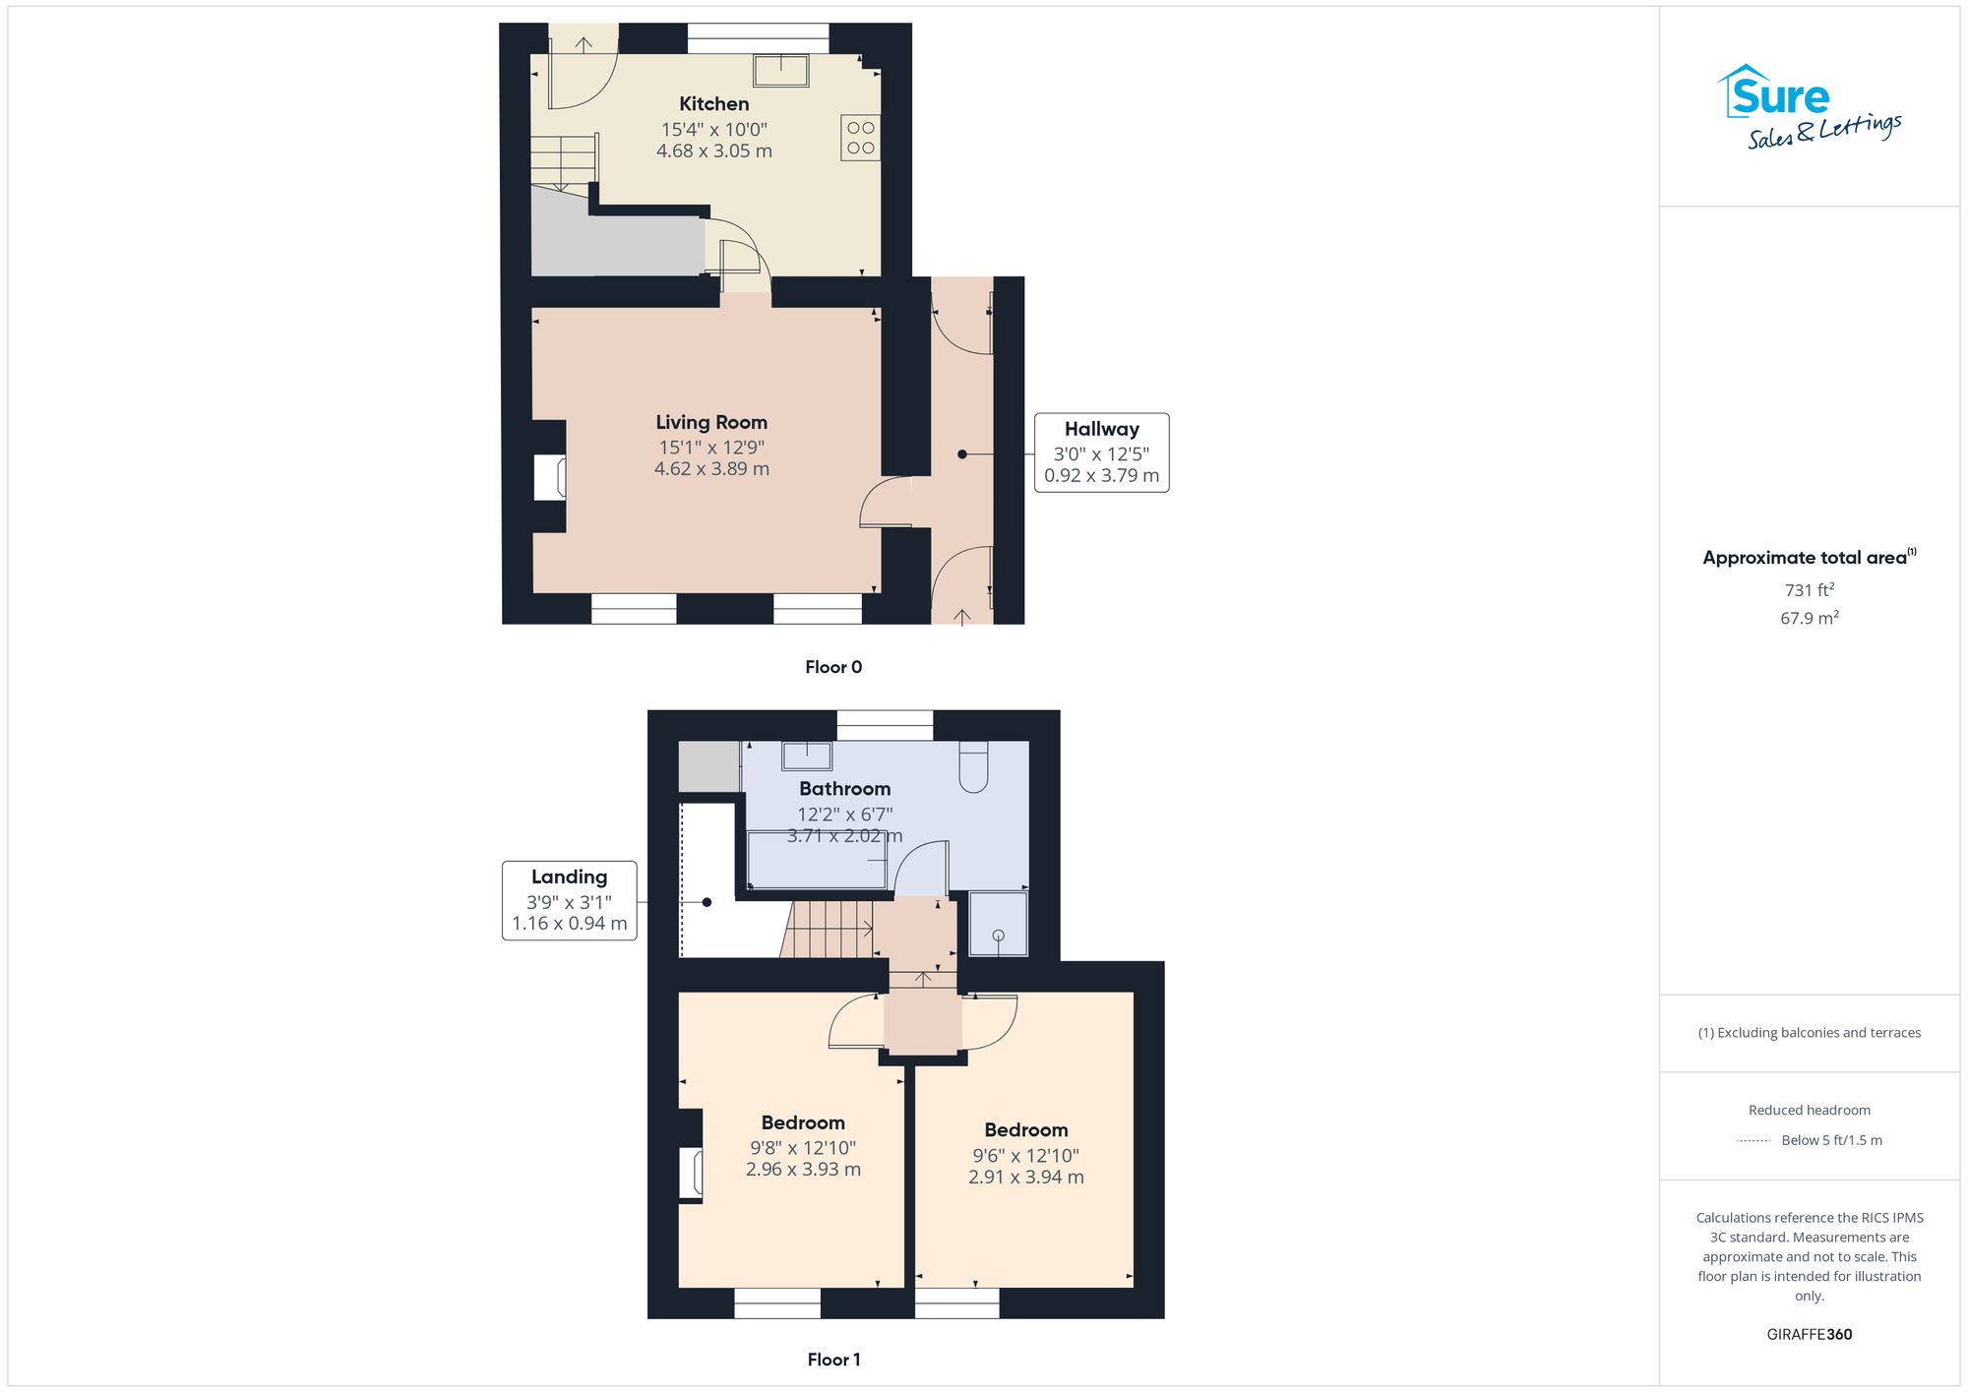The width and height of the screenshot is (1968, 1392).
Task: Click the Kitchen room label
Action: (713, 104)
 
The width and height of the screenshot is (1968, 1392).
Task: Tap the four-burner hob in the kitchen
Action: (860, 138)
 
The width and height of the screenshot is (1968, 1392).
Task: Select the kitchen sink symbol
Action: (780, 70)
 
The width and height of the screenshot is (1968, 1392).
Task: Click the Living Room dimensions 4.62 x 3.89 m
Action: (711, 469)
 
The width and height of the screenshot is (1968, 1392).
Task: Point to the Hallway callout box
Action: (1101, 453)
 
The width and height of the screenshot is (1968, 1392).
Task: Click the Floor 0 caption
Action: (833, 667)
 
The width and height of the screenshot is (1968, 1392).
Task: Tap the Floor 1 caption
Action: (833, 1360)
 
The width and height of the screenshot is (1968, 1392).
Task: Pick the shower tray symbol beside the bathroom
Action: (998, 924)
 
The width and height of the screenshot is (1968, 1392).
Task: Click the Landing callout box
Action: (569, 900)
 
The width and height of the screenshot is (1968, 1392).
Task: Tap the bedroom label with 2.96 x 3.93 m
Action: (802, 1122)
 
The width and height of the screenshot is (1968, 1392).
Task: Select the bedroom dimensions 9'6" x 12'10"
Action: (1025, 1156)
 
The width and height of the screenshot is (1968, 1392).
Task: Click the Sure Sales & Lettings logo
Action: (1808, 106)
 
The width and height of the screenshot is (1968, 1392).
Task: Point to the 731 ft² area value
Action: (1809, 590)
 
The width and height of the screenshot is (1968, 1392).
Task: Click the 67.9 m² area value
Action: (1809, 618)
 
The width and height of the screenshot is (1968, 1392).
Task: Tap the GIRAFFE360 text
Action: (1809, 1335)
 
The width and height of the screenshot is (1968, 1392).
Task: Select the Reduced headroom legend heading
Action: (1809, 1110)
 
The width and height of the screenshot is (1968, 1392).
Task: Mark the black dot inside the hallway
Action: (962, 454)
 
